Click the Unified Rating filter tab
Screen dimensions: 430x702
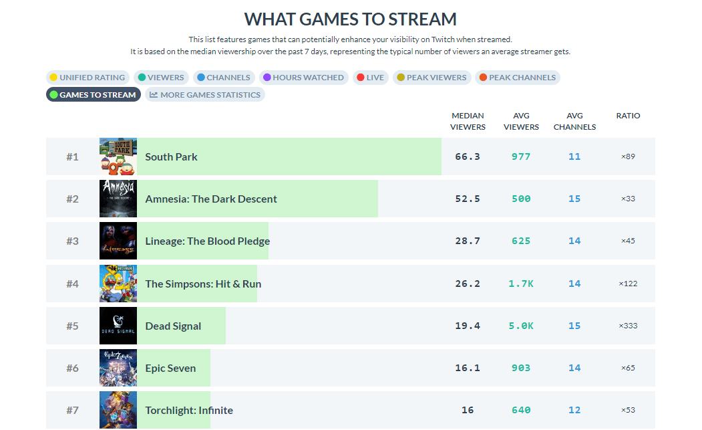tap(87, 78)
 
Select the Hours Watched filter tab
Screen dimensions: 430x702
tap(303, 78)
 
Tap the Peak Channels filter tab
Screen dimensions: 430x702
tap(517, 78)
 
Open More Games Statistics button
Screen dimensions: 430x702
tap(205, 95)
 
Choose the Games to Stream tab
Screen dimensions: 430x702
tap(93, 95)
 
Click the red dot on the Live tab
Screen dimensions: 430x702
tap(360, 78)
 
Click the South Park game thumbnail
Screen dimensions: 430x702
tap(118, 156)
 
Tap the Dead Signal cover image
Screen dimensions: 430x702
tap(118, 326)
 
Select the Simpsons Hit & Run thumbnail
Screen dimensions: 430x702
tap(118, 284)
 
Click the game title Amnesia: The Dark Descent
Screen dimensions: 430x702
tap(211, 199)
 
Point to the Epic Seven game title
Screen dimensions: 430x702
tap(170, 368)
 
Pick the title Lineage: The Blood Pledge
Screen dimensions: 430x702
tap(208, 241)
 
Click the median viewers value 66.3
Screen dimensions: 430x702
tap(468, 156)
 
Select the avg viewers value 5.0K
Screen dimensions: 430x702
tap(521, 326)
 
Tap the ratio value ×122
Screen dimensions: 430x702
tap(628, 284)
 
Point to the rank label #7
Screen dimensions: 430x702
tap(72, 410)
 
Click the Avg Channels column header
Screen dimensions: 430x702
tap(574, 121)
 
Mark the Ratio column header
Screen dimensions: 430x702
tap(628, 116)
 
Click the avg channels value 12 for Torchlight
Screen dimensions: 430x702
tap(574, 410)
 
